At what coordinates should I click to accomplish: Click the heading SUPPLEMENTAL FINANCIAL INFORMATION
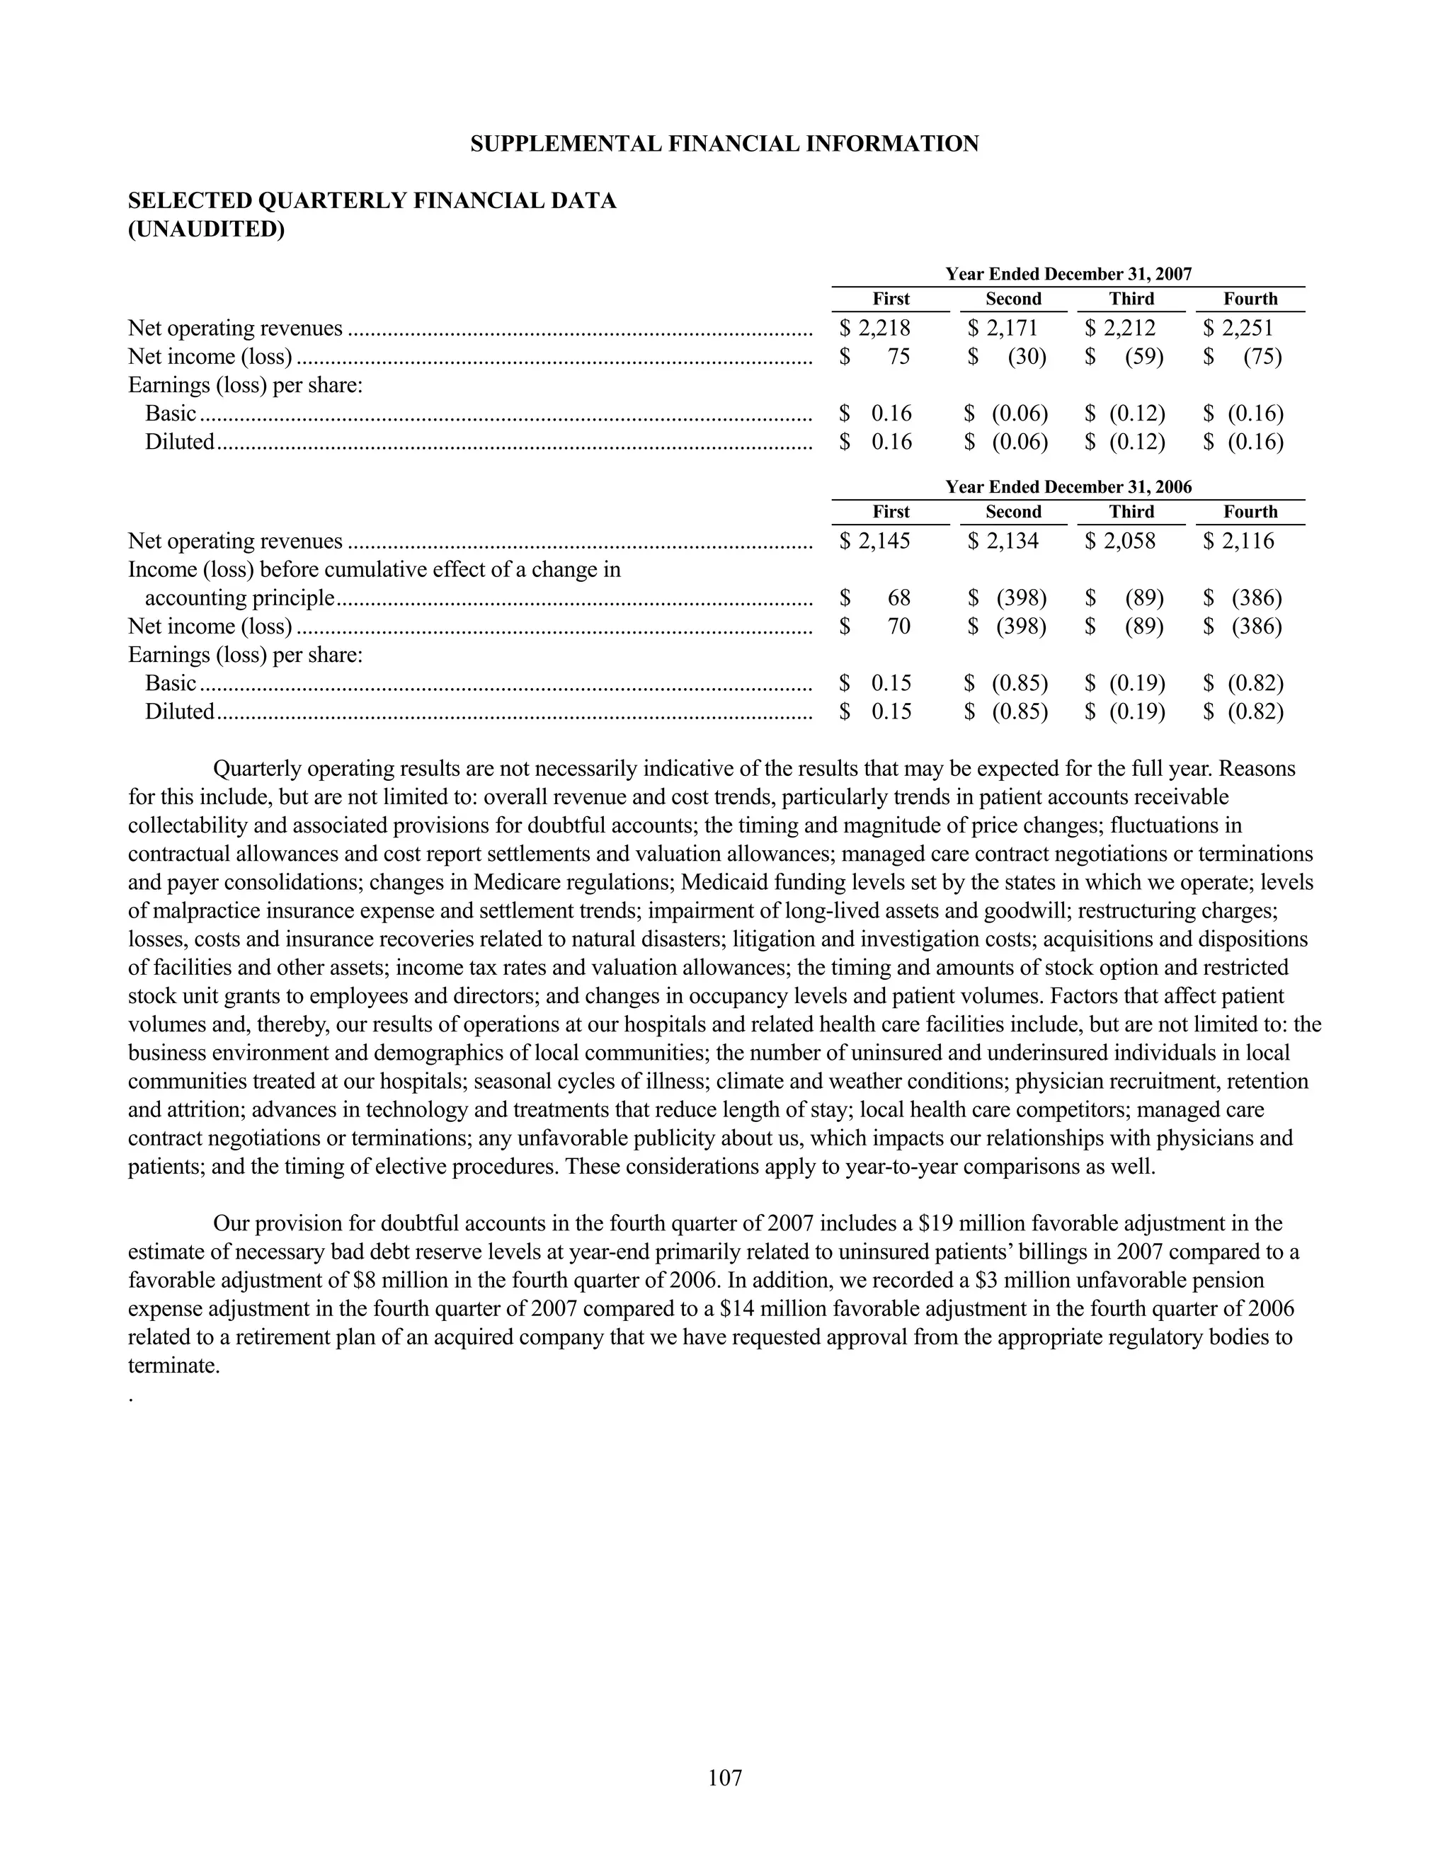click(x=724, y=144)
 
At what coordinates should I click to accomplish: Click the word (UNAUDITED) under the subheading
click(x=206, y=229)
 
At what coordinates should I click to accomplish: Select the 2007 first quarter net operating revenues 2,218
click(x=884, y=328)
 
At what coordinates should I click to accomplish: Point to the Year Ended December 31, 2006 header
click(x=1068, y=487)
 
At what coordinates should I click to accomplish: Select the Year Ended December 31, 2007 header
click(x=1068, y=274)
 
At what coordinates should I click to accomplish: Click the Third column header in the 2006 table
click(x=1131, y=512)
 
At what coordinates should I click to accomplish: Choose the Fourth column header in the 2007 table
click(x=1250, y=299)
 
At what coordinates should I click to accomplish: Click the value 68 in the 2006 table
click(x=898, y=598)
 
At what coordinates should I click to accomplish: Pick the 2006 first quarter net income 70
click(x=898, y=627)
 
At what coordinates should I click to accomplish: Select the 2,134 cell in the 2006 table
click(x=1012, y=541)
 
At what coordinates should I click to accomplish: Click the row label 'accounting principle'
click(x=239, y=598)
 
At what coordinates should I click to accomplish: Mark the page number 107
click(x=724, y=1778)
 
